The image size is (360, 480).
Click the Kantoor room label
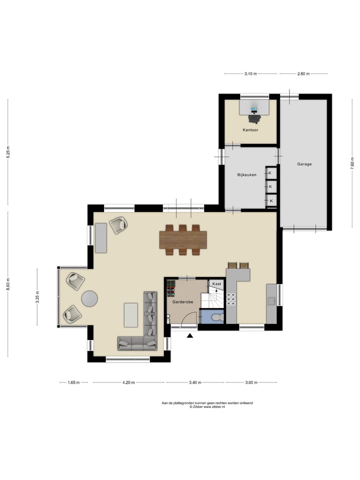click(250, 130)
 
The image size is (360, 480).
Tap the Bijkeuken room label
click(246, 175)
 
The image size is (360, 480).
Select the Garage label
click(304, 164)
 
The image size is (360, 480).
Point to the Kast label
click(216, 284)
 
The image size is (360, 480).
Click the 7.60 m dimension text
click(352, 165)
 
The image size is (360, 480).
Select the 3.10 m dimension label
click(250, 74)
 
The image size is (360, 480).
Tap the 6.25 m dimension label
click(7, 151)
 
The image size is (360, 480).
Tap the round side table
click(90, 298)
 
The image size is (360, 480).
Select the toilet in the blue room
click(216, 317)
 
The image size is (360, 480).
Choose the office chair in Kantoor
click(254, 117)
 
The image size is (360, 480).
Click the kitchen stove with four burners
click(232, 299)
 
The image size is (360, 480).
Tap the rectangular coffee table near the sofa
click(131, 314)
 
